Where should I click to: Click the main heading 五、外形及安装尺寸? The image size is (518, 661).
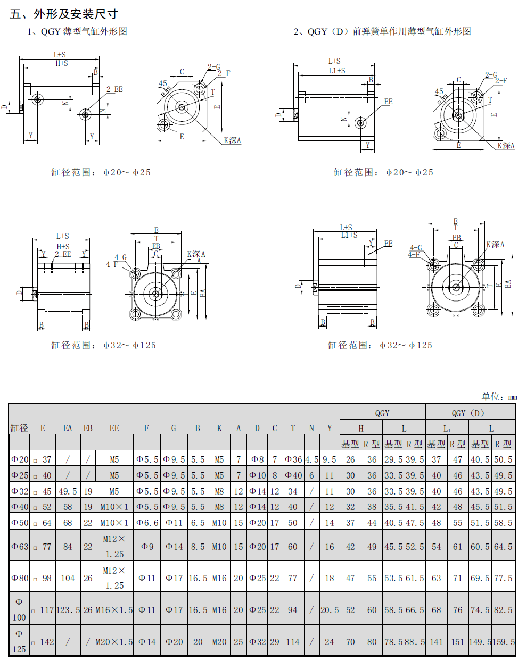[x=64, y=14]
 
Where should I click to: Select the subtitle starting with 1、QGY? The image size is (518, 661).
[x=77, y=31]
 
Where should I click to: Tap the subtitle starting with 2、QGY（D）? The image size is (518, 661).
[x=382, y=31]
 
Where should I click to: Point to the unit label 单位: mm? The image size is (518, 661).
[x=499, y=397]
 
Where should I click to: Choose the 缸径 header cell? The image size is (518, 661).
[x=19, y=428]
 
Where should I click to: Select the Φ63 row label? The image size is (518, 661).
[x=20, y=546]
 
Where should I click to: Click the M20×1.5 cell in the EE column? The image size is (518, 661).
[x=114, y=642]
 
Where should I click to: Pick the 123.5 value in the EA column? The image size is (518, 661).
[x=68, y=610]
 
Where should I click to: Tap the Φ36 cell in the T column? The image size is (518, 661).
[x=293, y=459]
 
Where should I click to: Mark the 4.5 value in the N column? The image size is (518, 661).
[x=311, y=459]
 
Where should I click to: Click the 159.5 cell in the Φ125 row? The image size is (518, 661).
[x=503, y=642]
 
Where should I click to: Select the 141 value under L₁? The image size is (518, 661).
[x=436, y=642]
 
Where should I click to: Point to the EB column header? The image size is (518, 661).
[x=88, y=428]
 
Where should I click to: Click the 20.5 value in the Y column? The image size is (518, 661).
[x=329, y=610]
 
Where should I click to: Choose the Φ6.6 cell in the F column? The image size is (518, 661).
[x=147, y=523]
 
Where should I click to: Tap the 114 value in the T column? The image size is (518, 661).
[x=293, y=642]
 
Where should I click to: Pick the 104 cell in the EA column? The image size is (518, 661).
[x=68, y=578]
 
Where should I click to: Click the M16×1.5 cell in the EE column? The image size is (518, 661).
[x=114, y=610]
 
